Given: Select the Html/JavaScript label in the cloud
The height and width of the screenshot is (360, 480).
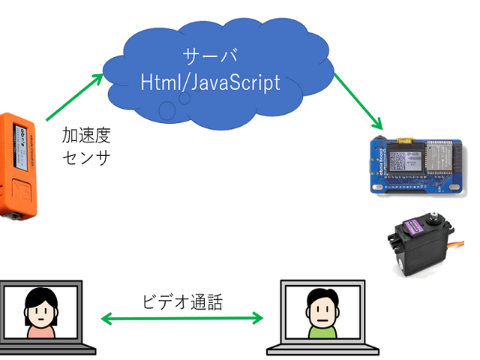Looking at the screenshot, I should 211,82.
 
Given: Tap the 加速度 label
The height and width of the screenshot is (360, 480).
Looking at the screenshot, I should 85,136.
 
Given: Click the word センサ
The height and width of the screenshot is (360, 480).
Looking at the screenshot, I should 85,158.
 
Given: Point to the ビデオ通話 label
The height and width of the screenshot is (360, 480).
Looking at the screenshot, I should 182,301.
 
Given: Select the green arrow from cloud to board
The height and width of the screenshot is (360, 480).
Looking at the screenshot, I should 358,100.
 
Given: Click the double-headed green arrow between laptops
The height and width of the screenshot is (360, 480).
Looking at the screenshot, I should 183,319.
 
